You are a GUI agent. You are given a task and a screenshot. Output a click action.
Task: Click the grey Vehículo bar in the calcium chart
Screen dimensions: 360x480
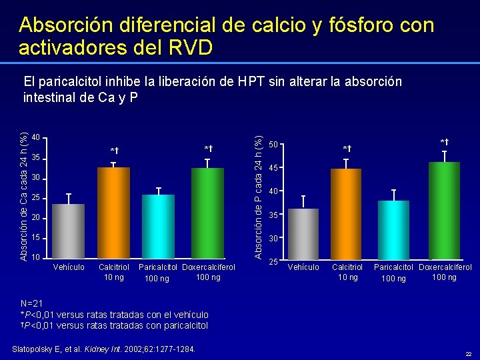[68, 230]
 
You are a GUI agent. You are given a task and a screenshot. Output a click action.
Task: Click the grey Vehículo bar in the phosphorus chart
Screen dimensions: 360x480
[303, 234]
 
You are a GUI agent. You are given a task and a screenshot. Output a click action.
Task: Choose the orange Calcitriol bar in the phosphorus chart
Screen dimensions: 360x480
[345, 214]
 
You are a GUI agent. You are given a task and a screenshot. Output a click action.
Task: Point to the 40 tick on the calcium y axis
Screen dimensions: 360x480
[37, 138]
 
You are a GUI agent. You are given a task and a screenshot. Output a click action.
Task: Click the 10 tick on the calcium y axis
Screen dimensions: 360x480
[37, 257]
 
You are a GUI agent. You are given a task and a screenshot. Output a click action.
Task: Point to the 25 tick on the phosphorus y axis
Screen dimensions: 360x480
[273, 261]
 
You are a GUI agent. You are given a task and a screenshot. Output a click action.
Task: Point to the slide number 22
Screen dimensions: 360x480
[468, 353]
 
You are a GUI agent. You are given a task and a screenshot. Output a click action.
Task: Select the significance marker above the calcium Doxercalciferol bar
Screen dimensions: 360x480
[208, 149]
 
